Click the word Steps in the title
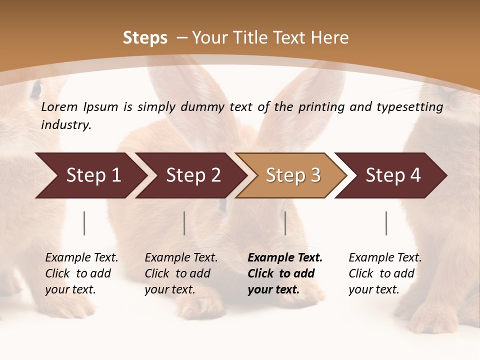[145, 38]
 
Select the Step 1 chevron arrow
[90, 175]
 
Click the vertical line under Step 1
[84, 223]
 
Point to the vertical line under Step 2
[184, 223]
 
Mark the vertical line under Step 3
[285, 223]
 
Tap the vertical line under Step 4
[386, 223]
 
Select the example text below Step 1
[81, 273]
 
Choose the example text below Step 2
[181, 273]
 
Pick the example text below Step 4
[385, 273]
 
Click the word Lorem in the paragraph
[59, 107]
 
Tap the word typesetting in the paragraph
[414, 107]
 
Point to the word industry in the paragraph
[66, 125]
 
